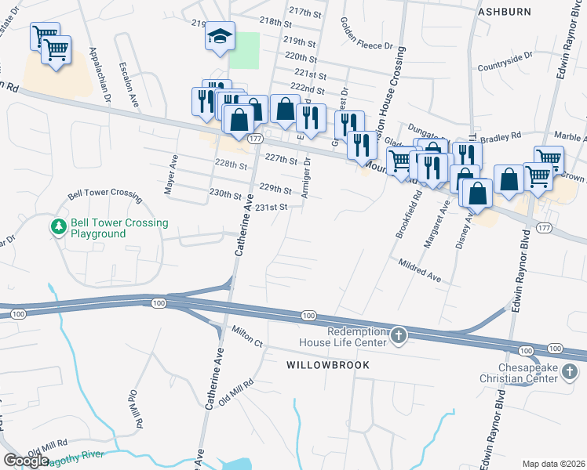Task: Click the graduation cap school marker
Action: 221,36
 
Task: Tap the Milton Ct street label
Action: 246,337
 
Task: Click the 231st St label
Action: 275,207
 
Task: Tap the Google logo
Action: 26,461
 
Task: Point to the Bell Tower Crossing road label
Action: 104,193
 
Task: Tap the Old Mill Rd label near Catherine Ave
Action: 237,392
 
